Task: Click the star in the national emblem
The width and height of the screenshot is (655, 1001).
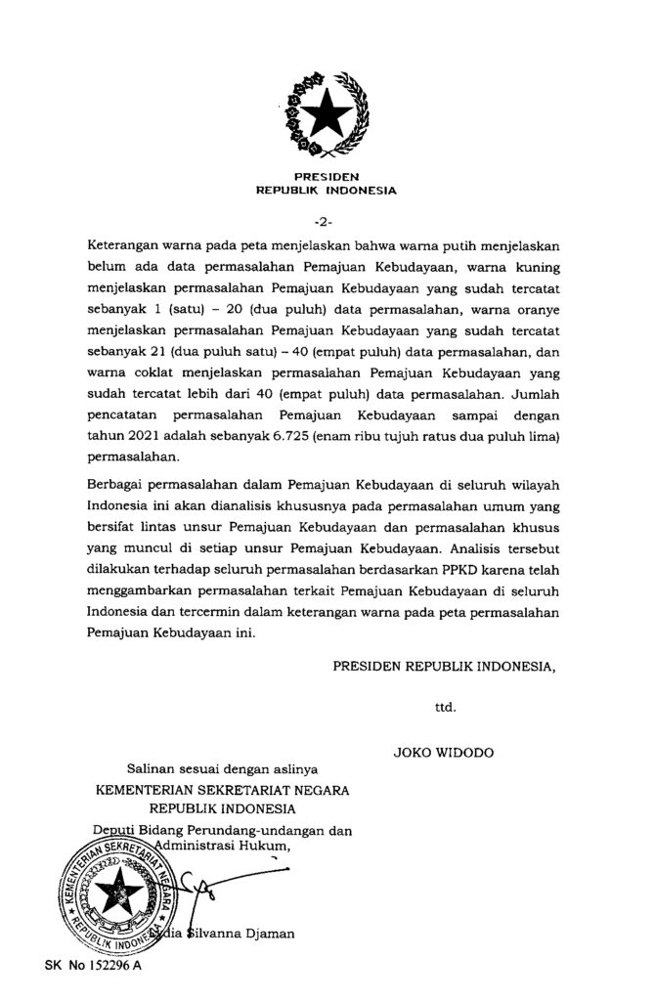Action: point(327,115)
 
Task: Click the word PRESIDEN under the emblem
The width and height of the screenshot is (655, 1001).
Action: point(327,177)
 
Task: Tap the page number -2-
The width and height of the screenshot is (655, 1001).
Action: point(327,217)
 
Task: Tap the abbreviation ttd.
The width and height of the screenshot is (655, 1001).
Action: point(446,704)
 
